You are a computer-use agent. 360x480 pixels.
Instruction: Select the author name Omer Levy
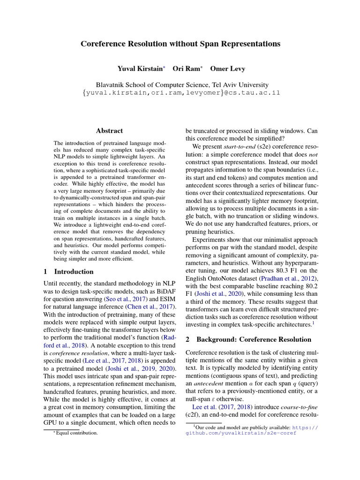click(227, 69)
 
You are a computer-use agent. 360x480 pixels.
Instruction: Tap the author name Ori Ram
click(186, 69)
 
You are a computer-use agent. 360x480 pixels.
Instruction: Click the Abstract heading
click(110, 131)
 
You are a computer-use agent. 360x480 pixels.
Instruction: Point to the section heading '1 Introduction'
click(68, 272)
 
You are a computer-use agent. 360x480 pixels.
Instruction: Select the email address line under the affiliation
click(180, 93)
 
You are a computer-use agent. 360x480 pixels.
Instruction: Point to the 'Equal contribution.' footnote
click(77, 433)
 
